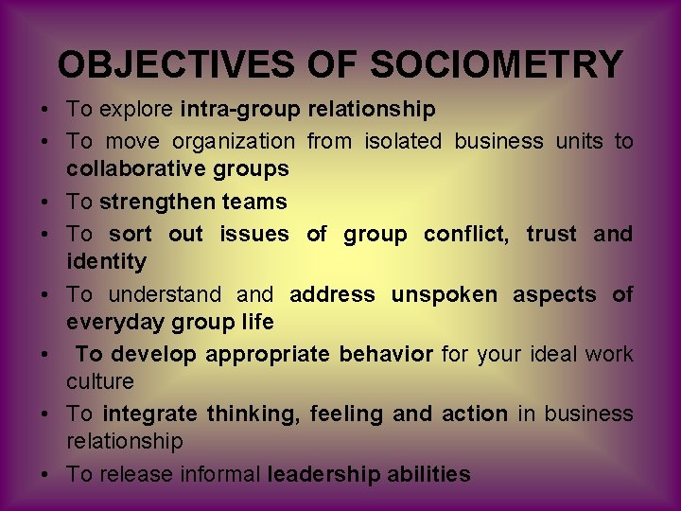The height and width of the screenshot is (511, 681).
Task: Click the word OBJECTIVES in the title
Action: (x=177, y=64)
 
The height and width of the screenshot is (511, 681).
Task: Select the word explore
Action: (x=134, y=110)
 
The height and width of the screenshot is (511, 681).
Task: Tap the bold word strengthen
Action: (x=155, y=202)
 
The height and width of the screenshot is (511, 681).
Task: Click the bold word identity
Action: (x=106, y=261)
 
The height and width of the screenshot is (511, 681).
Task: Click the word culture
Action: (x=99, y=382)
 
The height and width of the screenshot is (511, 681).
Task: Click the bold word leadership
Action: (x=323, y=474)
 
